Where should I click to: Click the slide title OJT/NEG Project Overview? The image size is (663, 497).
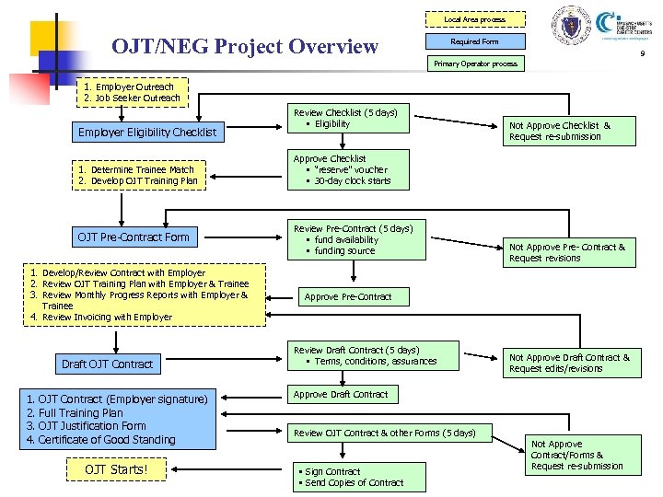tap(244, 45)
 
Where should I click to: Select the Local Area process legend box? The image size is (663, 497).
tap(474, 19)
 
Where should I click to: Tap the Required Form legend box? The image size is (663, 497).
tap(474, 41)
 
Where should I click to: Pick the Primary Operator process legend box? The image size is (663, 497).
tap(475, 64)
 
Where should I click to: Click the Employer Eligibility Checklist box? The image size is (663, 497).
tap(147, 132)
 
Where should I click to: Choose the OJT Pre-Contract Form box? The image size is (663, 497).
tap(134, 237)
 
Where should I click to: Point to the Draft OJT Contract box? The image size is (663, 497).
tap(107, 364)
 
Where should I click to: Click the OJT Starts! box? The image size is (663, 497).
tap(116, 470)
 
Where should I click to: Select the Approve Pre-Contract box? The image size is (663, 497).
tap(348, 297)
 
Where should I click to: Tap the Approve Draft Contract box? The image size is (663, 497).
tap(341, 395)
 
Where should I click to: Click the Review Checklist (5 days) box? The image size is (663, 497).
tap(349, 118)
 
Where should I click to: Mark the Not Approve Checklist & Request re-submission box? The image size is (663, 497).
tap(571, 131)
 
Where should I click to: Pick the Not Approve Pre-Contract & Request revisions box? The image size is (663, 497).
tap(571, 252)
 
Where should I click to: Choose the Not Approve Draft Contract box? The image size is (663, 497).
tap(571, 363)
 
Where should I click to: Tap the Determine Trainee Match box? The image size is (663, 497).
tap(147, 174)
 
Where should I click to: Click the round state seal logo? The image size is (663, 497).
tap(569, 25)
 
